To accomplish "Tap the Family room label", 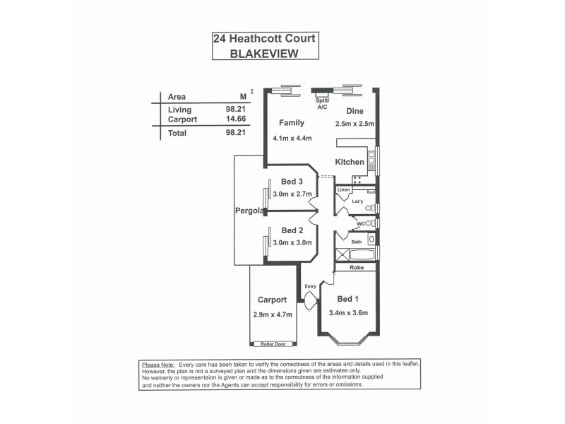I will tap(291, 122).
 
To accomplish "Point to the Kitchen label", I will tap(350, 162).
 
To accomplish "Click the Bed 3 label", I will tap(292, 182).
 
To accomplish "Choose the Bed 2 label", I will tap(292, 230).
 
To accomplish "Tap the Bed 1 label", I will tap(349, 298).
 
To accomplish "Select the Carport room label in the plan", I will tap(272, 300).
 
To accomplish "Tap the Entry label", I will tap(310, 286).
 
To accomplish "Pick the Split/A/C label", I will tap(322, 104).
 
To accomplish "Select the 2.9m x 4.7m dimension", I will tap(272, 314).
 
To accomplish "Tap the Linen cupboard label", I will tap(344, 191).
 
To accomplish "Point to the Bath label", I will tap(357, 242).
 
